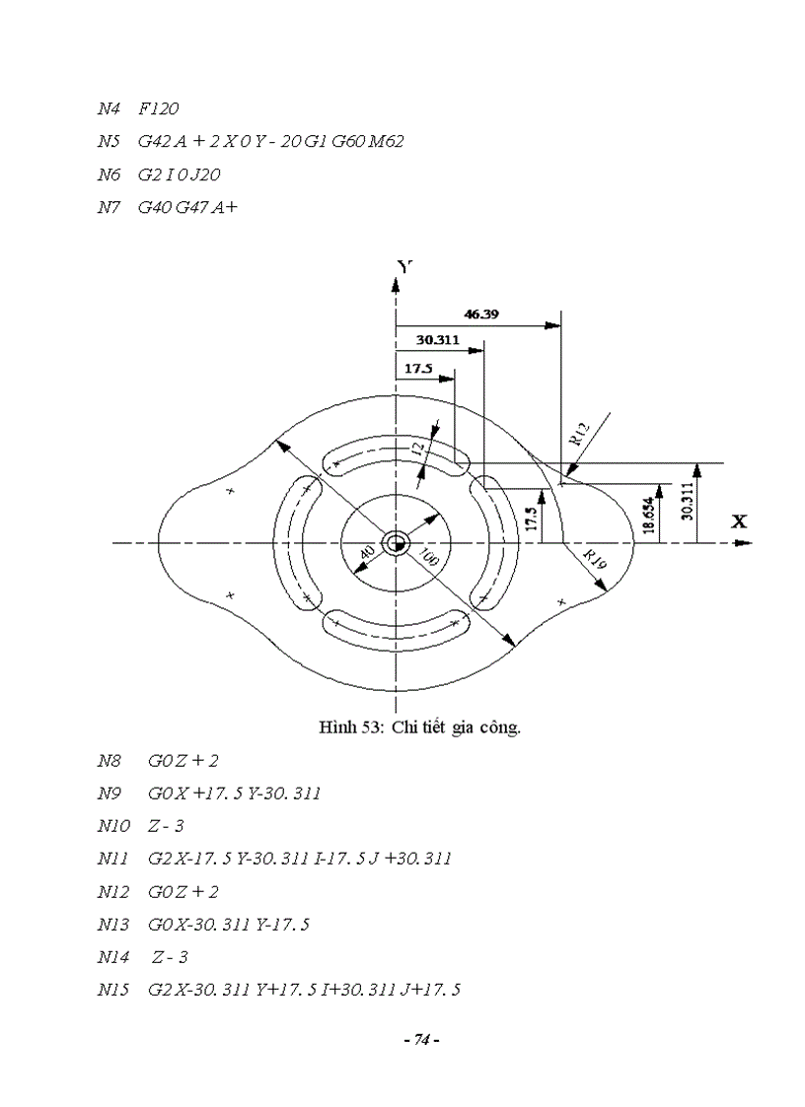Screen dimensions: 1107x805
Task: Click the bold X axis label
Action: pyautogui.click(x=738, y=521)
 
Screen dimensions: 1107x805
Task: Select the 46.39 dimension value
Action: pyautogui.click(x=479, y=314)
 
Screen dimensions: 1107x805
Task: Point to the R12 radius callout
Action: pyautogui.click(x=579, y=435)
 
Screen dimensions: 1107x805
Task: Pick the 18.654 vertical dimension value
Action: pyautogui.click(x=648, y=515)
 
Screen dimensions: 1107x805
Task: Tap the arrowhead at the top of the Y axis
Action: pyautogui.click(x=396, y=285)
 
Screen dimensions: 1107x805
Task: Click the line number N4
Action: pyautogui.click(x=108, y=108)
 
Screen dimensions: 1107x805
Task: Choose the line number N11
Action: pyautogui.click(x=111, y=859)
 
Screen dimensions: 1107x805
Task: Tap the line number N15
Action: pyautogui.click(x=111, y=989)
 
